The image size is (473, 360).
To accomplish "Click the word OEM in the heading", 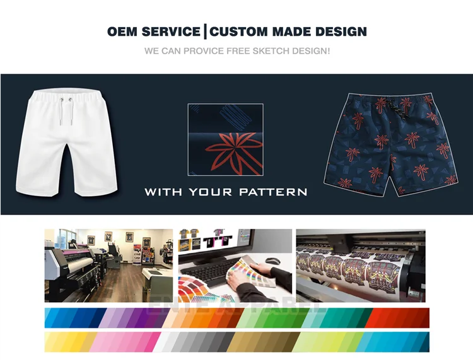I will click(x=124, y=32).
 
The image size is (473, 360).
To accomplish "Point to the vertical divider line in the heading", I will click(x=206, y=32).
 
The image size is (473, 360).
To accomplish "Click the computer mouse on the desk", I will click(x=272, y=260).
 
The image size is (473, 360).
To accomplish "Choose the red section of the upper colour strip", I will click(x=397, y=318).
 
